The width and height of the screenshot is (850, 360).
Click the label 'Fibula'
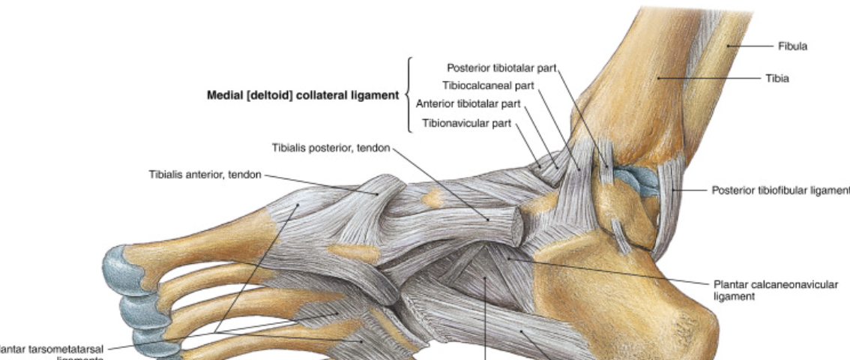click(x=793, y=46)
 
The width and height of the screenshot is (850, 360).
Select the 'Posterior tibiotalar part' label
click(x=501, y=68)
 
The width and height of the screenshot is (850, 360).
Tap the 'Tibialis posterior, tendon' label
click(x=331, y=148)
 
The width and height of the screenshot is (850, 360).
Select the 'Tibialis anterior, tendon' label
click(x=205, y=175)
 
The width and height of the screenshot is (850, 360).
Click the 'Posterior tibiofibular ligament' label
click(x=780, y=190)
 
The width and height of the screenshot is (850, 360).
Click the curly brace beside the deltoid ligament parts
click(x=409, y=95)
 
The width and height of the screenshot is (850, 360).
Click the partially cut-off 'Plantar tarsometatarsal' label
click(x=52, y=348)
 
